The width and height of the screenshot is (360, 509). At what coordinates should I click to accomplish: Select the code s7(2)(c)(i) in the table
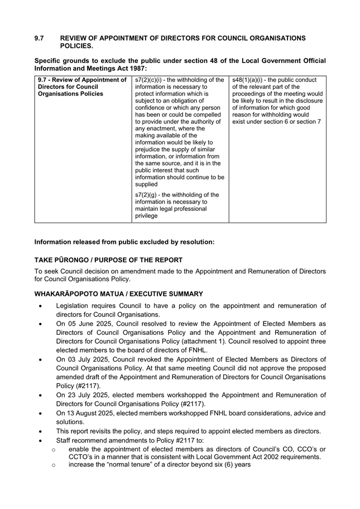pos(151,80)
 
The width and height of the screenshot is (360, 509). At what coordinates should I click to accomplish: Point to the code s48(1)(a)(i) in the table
pos(248,80)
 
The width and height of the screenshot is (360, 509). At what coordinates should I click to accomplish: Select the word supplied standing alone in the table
pos(146,184)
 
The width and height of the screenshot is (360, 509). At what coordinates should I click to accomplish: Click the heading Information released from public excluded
pos(124,242)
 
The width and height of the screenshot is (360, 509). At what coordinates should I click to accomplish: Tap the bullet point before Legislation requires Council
pos(39,306)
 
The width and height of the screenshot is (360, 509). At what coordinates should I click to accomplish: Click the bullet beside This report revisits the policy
pos(39,431)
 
